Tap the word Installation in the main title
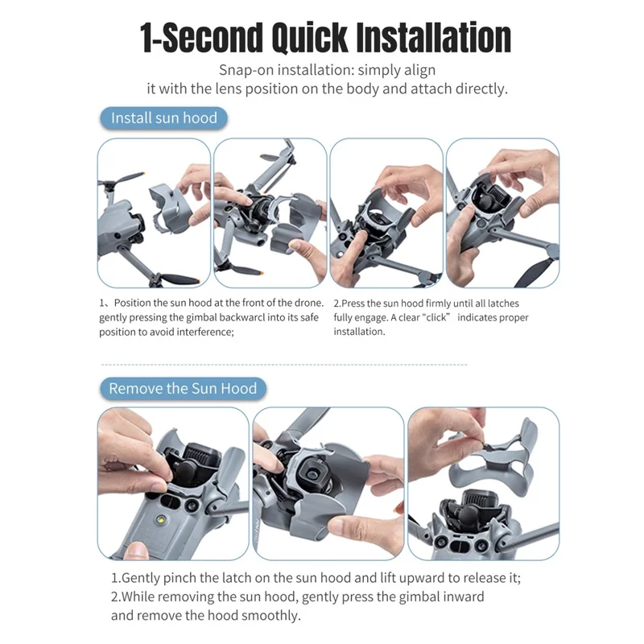[434, 38]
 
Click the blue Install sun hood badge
[163, 118]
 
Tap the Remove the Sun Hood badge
[183, 389]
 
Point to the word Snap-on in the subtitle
[246, 70]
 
